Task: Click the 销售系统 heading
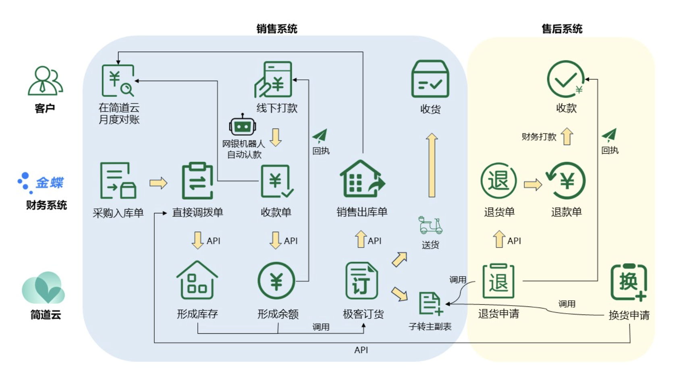pyautogui.click(x=277, y=29)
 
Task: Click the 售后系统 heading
pyautogui.click(x=562, y=29)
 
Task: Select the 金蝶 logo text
pyautogui.click(x=50, y=183)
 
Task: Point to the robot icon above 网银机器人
pyautogui.click(x=242, y=125)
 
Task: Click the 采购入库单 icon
pyautogui.click(x=118, y=181)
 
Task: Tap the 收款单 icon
pyautogui.click(x=276, y=181)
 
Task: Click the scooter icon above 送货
pyautogui.click(x=430, y=225)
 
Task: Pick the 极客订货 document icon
pyautogui.click(x=361, y=281)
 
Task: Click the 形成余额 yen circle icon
pyautogui.click(x=276, y=281)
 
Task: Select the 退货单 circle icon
pyautogui.click(x=498, y=181)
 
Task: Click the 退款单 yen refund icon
pyautogui.click(x=566, y=181)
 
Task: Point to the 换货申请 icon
pyautogui.click(x=629, y=282)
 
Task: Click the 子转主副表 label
pyautogui.click(x=430, y=327)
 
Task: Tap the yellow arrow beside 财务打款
pyautogui.click(x=567, y=136)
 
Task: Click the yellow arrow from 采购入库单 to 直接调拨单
pyautogui.click(x=158, y=183)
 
